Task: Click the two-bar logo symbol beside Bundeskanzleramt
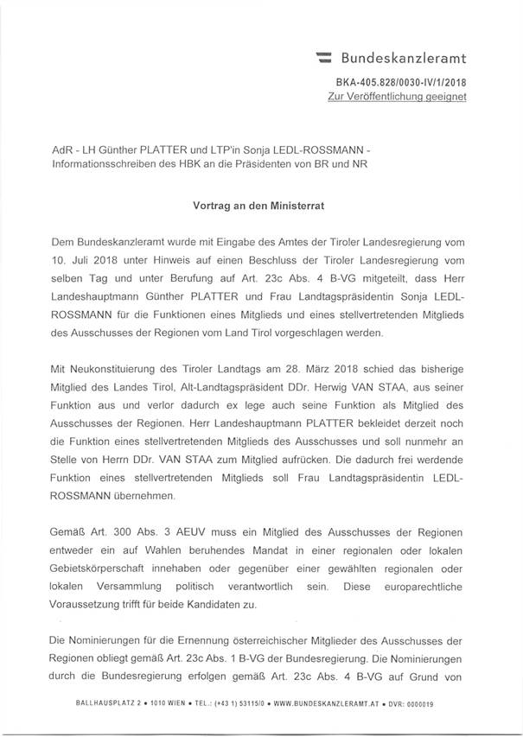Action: (x=325, y=60)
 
